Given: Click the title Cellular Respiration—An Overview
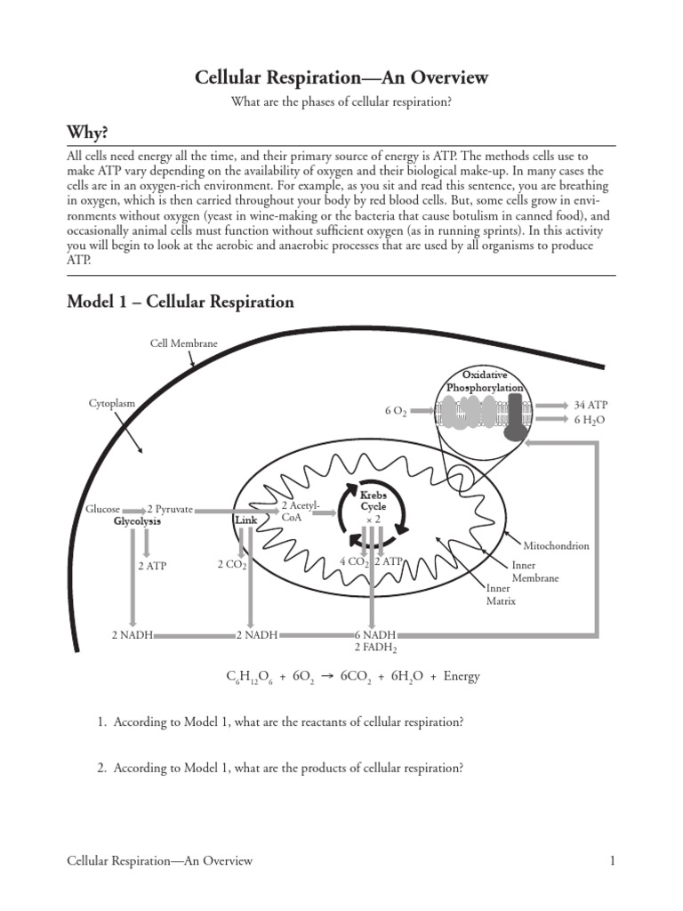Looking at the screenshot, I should pyautogui.click(x=341, y=77).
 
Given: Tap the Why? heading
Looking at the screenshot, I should pyautogui.click(x=87, y=133).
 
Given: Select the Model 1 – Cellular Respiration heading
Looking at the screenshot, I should pyautogui.click(x=181, y=302).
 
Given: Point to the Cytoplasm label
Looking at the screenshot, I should pyautogui.click(x=112, y=403).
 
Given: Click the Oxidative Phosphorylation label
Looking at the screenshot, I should pyautogui.click(x=485, y=382).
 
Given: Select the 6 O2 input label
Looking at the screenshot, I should pyautogui.click(x=396, y=411).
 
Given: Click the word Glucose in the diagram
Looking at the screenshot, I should pyautogui.click(x=102, y=509).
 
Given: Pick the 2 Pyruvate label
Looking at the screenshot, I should pyautogui.click(x=170, y=509).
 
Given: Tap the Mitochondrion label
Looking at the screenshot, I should pyautogui.click(x=556, y=545).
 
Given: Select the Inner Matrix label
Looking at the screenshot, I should pyautogui.click(x=500, y=594).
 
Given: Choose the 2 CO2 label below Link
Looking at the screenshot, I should pyautogui.click(x=231, y=564).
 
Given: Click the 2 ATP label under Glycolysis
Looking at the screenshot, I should pyautogui.click(x=152, y=565).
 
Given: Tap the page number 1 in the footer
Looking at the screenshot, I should pyautogui.click(x=613, y=860).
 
